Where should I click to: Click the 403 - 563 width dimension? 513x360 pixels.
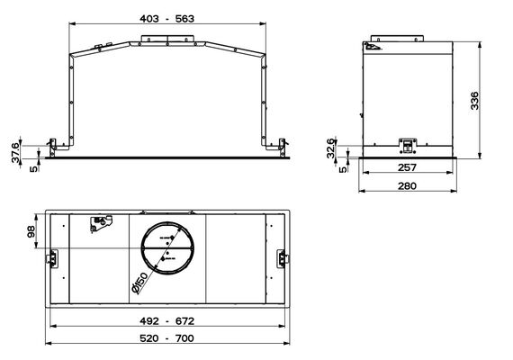[x=166, y=19]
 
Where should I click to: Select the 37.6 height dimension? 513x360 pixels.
[x=15, y=152]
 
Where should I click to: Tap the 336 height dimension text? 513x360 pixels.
[x=474, y=101]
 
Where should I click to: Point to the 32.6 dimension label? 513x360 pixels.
[x=331, y=148]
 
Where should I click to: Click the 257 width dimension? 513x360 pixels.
[x=408, y=167]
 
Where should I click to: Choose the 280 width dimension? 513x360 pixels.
[x=408, y=186]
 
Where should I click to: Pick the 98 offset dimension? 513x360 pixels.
[x=31, y=232]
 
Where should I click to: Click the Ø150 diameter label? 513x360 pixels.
[x=140, y=283]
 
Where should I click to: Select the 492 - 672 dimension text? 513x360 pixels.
[x=166, y=321]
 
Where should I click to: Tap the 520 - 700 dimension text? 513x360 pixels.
[x=166, y=338]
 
